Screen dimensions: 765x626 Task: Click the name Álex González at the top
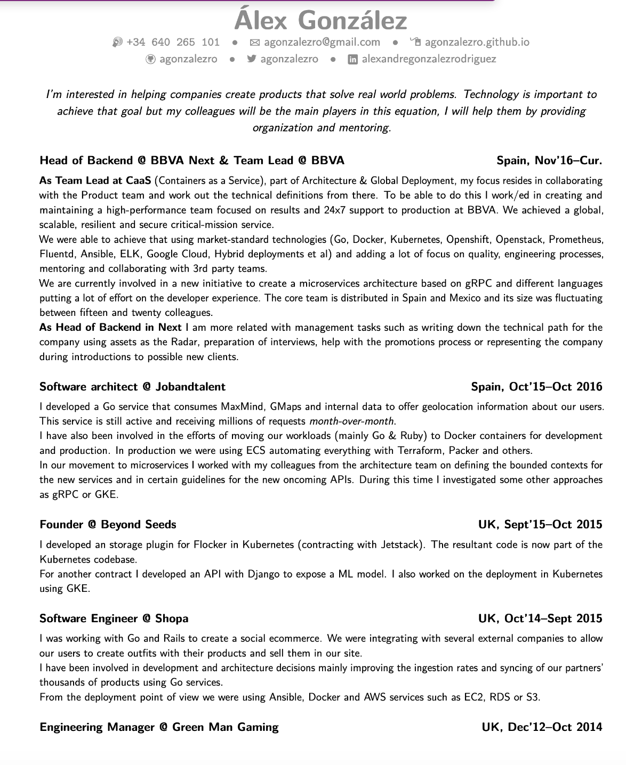320,21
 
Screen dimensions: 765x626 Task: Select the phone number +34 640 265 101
173,42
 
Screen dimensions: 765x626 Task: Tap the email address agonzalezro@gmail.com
322,42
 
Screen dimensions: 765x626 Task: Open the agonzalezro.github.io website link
477,42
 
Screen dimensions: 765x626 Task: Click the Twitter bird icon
252,59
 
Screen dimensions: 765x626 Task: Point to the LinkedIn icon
352,60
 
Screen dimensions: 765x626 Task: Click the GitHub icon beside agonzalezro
150,59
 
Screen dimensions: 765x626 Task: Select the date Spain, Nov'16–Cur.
549,160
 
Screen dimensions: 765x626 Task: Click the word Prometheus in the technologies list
576,239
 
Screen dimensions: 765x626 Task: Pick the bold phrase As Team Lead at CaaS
95,181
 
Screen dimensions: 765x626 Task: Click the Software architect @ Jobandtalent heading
132,387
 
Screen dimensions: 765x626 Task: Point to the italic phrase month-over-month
352,421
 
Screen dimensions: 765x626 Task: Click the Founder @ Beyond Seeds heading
108,525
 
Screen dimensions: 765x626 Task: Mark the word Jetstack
401,545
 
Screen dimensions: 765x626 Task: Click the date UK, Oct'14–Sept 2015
540,618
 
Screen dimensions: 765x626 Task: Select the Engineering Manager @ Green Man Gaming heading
159,727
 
